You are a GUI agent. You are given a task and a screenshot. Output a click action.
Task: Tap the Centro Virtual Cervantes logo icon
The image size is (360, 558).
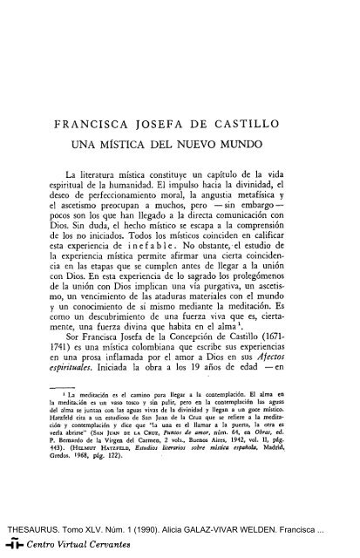pos(10,547)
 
